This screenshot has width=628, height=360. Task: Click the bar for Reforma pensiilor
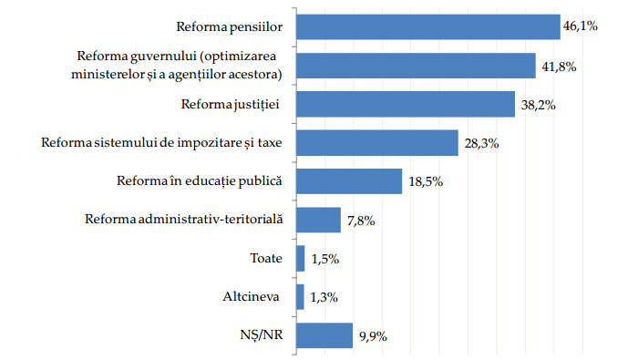428,26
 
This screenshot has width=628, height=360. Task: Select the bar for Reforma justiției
406,104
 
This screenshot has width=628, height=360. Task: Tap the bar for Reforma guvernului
417,66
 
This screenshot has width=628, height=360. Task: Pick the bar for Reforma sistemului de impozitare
377,142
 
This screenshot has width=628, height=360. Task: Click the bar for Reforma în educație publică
349,181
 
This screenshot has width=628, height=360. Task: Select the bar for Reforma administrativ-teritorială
319,220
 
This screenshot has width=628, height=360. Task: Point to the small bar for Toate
301,258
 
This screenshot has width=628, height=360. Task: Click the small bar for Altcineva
301,297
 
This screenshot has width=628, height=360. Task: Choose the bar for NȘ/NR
324,335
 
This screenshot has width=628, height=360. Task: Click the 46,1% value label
581,26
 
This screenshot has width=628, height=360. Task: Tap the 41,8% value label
559,67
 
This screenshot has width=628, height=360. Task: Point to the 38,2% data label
539,105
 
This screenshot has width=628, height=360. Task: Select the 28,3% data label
481,143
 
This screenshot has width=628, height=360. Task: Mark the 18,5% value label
426,181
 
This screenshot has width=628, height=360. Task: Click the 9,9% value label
373,336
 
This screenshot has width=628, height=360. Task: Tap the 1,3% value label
324,297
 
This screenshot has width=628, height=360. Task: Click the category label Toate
266,258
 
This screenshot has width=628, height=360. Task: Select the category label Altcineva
252,296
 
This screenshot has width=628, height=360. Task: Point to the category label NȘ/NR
261,334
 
